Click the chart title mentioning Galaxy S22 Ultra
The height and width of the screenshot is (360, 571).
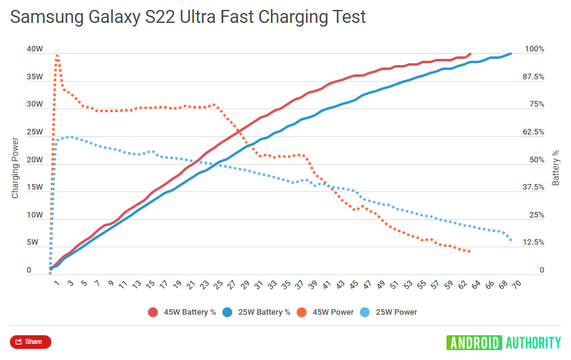188,17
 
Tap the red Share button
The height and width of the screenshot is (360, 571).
30,341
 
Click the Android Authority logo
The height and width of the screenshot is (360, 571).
503,342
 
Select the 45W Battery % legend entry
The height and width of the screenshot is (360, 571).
183,312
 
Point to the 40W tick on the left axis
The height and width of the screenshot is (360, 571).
34,49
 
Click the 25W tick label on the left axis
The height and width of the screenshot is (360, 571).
34,132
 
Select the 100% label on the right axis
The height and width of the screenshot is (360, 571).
534,49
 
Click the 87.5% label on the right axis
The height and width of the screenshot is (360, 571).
534,77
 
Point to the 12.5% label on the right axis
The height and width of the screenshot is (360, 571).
534,243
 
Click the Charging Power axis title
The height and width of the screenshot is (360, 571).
15,167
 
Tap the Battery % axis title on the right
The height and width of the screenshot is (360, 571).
556,167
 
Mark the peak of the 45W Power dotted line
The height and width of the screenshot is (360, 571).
57,55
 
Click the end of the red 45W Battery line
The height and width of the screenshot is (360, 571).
470,54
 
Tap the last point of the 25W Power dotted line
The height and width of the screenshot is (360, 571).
511,240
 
